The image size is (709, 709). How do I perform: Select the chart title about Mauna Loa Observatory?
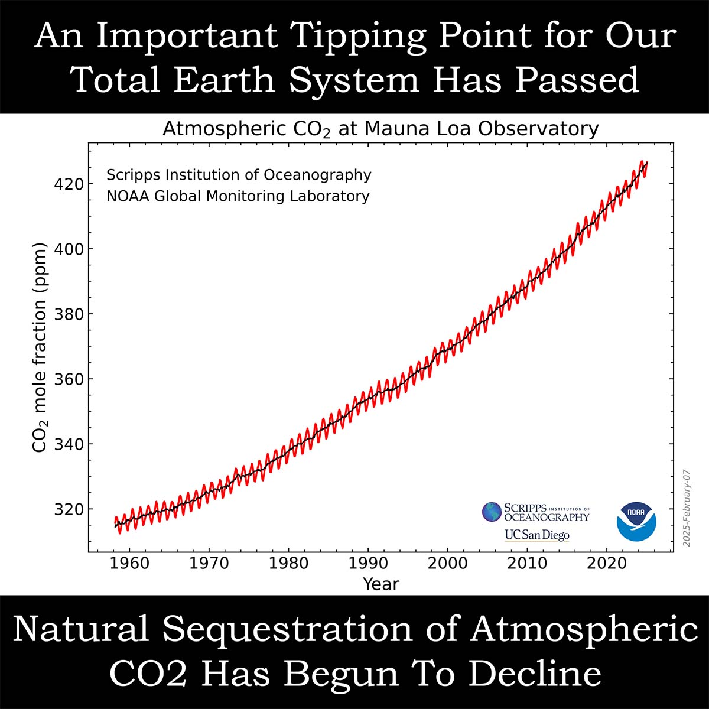tap(380, 129)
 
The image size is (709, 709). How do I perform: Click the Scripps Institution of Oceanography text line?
tap(239, 175)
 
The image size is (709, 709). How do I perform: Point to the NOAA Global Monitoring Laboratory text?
tap(238, 196)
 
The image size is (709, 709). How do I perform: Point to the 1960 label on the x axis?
tap(129, 563)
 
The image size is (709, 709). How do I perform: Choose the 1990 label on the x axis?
tap(368, 563)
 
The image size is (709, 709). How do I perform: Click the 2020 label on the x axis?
tap(607, 563)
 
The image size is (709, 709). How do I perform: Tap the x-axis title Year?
tap(381, 584)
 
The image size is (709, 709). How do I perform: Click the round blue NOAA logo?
tap(636, 522)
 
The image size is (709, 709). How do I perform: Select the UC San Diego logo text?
tap(536, 535)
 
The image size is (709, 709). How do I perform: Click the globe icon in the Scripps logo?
tap(492, 512)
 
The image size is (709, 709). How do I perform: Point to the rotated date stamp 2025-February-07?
tap(687, 508)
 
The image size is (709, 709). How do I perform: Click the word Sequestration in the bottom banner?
tap(311, 629)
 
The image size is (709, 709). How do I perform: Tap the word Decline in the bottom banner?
tap(534, 673)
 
